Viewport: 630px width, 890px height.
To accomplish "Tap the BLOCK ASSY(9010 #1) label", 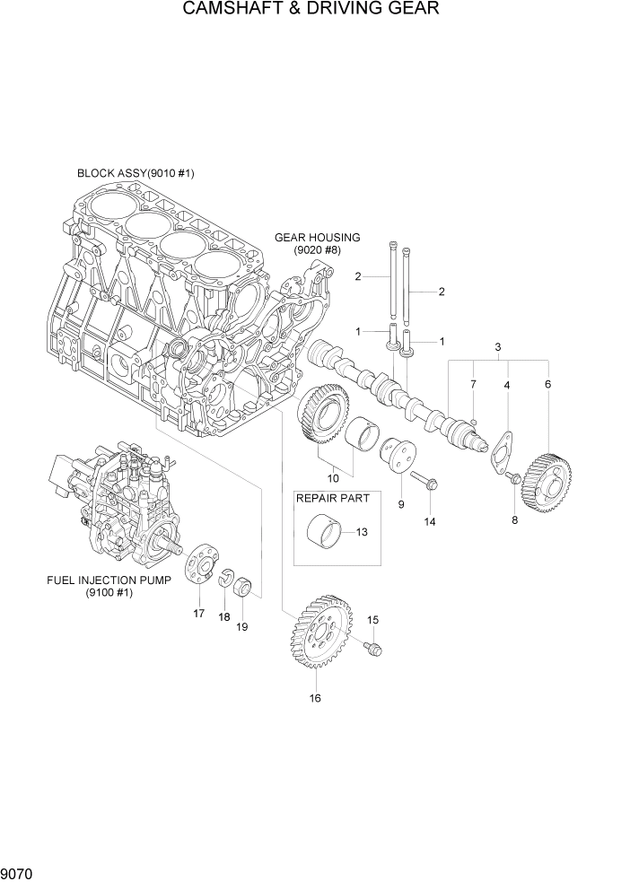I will (136, 172).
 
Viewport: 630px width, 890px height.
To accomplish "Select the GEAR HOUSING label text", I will (317, 238).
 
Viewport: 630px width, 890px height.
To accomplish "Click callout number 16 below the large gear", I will (315, 698).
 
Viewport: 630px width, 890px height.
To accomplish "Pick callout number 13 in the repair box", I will (362, 532).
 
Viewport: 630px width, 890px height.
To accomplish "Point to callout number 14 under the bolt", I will (430, 521).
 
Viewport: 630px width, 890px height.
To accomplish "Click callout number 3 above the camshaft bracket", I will (497, 346).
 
